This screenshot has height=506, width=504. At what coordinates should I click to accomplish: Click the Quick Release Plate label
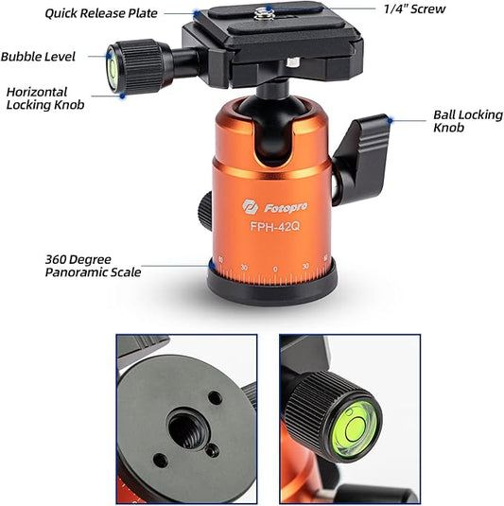pyautogui.click(x=101, y=13)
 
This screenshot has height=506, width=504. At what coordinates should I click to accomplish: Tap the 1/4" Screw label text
pyautogui.click(x=414, y=9)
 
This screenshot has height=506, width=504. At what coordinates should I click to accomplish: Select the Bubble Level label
pyautogui.click(x=38, y=57)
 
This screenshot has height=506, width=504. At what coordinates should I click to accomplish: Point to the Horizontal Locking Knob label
pyautogui.click(x=45, y=98)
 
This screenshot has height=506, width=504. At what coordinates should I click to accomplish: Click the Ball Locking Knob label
pyautogui.click(x=468, y=121)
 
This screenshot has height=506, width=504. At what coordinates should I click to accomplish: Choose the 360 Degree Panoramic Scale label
pyautogui.click(x=93, y=266)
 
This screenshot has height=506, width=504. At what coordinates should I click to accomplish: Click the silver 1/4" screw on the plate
pyautogui.click(x=264, y=13)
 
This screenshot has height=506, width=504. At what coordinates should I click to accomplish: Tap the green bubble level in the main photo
pyautogui.click(x=112, y=69)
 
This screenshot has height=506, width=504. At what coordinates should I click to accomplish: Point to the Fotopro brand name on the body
pyautogui.click(x=286, y=208)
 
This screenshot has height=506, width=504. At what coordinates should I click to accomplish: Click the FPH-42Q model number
pyautogui.click(x=275, y=226)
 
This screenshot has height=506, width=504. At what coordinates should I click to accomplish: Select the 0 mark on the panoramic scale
pyautogui.click(x=275, y=269)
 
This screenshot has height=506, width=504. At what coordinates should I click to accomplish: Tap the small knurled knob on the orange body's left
pyautogui.click(x=205, y=211)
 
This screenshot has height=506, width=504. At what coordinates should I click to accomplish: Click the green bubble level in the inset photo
pyautogui.click(x=355, y=428)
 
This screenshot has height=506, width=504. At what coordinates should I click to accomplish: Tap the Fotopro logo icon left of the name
pyautogui.click(x=250, y=207)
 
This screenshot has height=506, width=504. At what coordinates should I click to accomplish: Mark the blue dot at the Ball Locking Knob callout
pyautogui.click(x=391, y=121)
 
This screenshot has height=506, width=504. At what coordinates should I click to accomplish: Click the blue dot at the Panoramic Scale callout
pyautogui.click(x=212, y=266)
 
